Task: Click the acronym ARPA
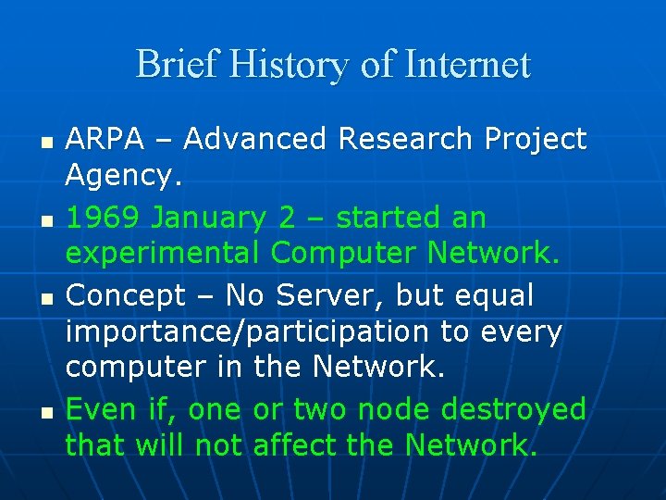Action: [105, 139]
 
